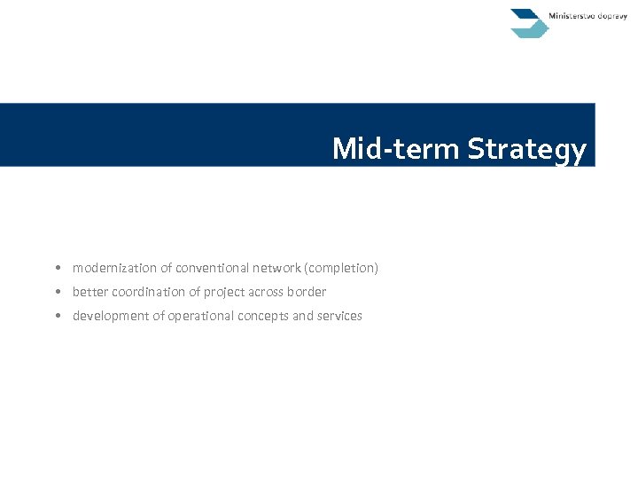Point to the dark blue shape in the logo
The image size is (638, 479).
pos(525,16)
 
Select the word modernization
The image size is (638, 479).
pos(111,268)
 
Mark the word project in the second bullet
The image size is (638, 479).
pos(223,292)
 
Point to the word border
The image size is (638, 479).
pos(307,292)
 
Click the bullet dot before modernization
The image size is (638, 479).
pos(56,268)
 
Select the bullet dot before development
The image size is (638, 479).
pos(56,316)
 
